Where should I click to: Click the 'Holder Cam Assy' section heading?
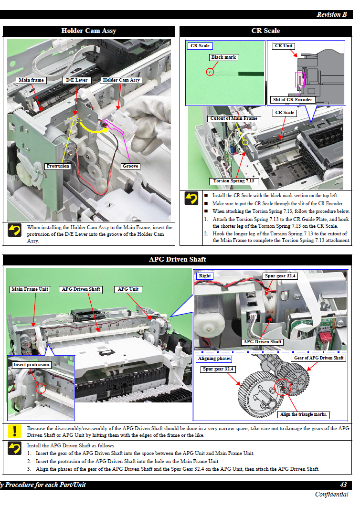pyautogui.click(x=89, y=31)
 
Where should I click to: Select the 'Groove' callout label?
pyautogui.click(x=130, y=166)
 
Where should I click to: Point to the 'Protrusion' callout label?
pyautogui.click(x=58, y=166)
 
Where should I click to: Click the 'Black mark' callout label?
pyautogui.click(x=223, y=57)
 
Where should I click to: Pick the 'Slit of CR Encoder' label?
pyautogui.click(x=292, y=100)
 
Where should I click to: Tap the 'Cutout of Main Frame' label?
pyautogui.click(x=234, y=118)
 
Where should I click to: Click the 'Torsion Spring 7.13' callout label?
pyautogui.click(x=233, y=181)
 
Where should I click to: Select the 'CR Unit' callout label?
pyautogui.click(x=284, y=46)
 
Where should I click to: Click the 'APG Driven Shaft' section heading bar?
pyautogui.click(x=178, y=259)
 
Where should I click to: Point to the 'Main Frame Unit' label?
pyautogui.click(x=30, y=289)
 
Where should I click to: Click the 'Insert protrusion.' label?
pyautogui.click(x=32, y=365)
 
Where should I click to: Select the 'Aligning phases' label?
pyautogui.click(x=214, y=359)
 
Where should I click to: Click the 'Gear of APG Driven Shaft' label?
pyautogui.click(x=319, y=358)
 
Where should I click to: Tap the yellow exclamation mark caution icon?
pyautogui.click(x=15, y=431)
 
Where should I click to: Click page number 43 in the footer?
pyautogui.click(x=343, y=485)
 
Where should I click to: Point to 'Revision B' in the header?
pyautogui.click(x=331, y=14)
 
